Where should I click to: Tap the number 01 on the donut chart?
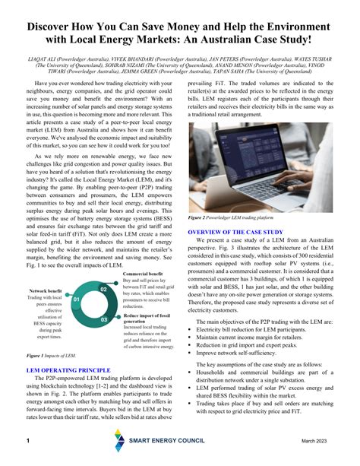[x=76, y=300]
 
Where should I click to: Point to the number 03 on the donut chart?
[x=104, y=320]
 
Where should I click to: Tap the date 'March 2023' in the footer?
[x=319, y=442]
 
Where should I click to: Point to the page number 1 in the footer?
[x=27, y=442]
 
